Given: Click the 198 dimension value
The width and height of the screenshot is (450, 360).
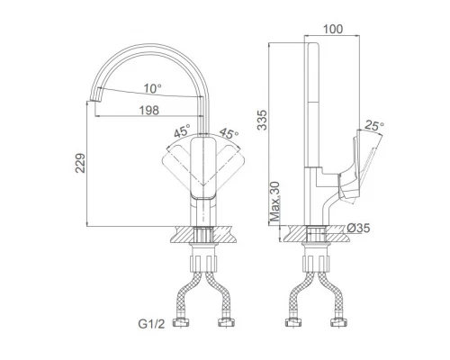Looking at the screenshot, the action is (149, 111).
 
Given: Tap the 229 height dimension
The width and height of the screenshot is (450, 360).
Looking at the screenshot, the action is (80, 163).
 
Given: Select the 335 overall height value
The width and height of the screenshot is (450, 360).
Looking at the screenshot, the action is (262, 120).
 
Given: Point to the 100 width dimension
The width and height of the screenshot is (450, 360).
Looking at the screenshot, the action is (333, 29).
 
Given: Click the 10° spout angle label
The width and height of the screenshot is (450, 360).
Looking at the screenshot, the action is (153, 88).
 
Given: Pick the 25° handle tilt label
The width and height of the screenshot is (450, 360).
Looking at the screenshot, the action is (374, 125).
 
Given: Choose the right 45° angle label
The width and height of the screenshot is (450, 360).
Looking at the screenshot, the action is (229, 133).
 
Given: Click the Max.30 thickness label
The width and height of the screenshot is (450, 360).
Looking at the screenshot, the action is (274, 202).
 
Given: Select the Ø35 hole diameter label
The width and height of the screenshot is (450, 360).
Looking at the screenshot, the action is (358, 229).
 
